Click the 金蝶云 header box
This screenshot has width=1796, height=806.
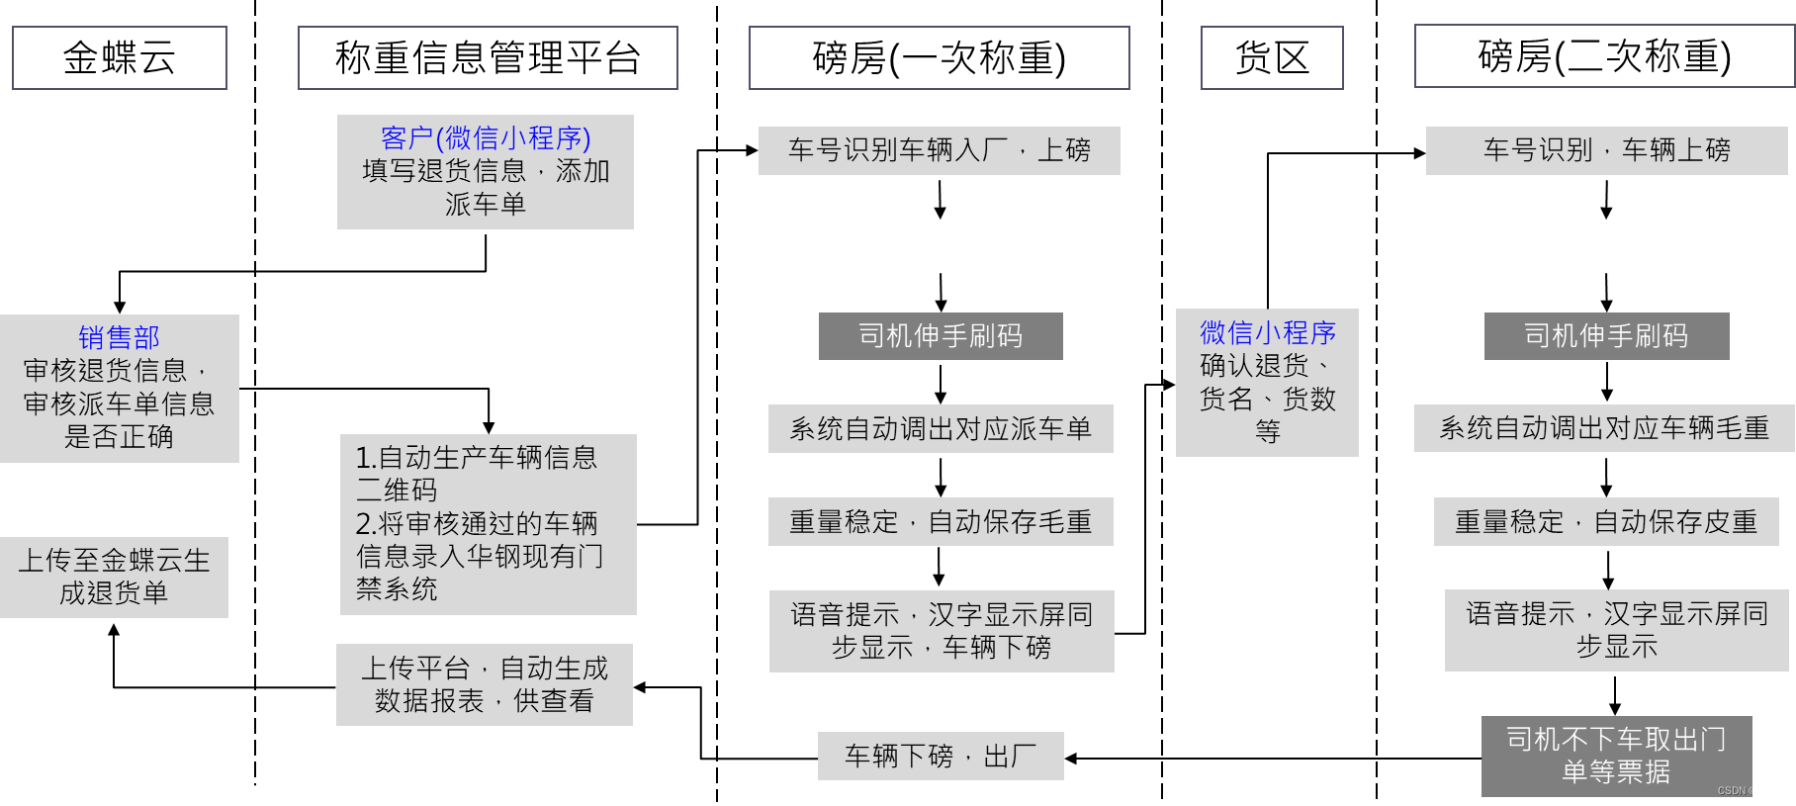tap(119, 58)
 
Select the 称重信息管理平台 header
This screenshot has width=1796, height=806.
tap(488, 58)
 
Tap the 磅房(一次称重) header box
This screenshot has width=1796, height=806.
tap(939, 58)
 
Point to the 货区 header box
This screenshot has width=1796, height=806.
tap(1271, 58)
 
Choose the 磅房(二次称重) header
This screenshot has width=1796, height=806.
tap(1603, 57)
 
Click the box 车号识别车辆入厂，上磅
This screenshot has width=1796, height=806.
tap(939, 150)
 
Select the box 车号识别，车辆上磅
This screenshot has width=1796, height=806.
tap(1606, 150)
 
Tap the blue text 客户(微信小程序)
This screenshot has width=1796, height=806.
tap(485, 137)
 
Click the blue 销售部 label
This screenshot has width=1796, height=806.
tap(119, 338)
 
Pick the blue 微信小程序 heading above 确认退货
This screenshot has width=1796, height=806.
tap(1267, 332)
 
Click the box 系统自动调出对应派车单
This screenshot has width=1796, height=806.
tap(940, 428)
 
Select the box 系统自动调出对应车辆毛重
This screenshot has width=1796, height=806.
tap(1603, 428)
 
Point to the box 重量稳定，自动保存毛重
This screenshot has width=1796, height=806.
tap(940, 521)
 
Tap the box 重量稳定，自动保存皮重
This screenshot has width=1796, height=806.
tap(1605, 521)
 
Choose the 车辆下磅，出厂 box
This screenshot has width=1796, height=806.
tap(940, 757)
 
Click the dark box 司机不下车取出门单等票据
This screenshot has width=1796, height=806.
tap(1615, 756)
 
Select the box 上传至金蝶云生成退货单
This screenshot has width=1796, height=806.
tap(114, 577)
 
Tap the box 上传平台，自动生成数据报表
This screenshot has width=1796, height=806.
tap(484, 684)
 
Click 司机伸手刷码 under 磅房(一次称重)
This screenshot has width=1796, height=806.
tap(940, 336)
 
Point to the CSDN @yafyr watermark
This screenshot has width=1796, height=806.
tap(1748, 791)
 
